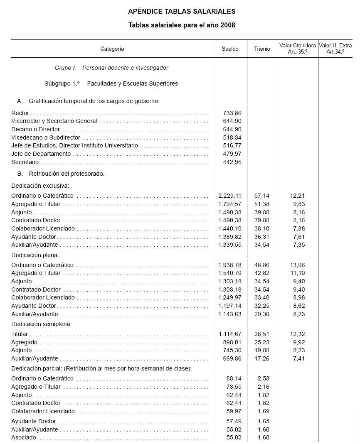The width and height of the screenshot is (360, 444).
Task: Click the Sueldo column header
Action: pos(230,49)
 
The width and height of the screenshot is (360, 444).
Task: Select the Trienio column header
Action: pos(262,49)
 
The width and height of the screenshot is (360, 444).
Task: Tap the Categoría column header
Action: pos(112,49)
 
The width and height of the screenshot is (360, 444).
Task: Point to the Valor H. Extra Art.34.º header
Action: pos(335,49)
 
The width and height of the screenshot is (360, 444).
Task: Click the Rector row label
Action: pos(20,113)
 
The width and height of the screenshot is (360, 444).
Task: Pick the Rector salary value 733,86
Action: pos(232,113)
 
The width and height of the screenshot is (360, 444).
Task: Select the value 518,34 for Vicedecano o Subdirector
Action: pos(232,137)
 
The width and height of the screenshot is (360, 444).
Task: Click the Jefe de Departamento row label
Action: pos(41,154)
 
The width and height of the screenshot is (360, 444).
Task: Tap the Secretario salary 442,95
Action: pos(232,162)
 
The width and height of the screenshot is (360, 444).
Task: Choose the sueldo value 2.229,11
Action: pos(229,196)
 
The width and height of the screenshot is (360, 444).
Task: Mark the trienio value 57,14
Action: pos(261,196)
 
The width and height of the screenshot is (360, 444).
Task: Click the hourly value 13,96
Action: pos(298,265)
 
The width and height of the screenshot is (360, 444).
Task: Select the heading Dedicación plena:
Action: pos(35,255)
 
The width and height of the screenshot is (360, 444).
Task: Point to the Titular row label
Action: pos(20,334)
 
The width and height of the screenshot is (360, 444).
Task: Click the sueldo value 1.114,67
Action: pos(229,334)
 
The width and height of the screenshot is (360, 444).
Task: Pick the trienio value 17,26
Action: pos(261,358)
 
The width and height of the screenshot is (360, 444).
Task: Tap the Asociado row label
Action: pos(24,437)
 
